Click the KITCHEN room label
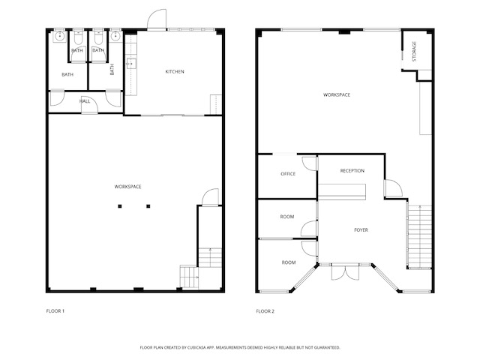pyautogui.click(x=175, y=72)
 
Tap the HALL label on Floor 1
pyautogui.click(x=85, y=101)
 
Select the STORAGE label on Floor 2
pyautogui.click(x=415, y=51)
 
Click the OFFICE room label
pyautogui.click(x=288, y=174)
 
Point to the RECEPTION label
pyautogui.click(x=352, y=171)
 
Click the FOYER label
pyautogui.click(x=361, y=229)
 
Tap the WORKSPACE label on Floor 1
pyautogui.click(x=128, y=186)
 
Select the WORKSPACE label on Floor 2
pyautogui.click(x=337, y=94)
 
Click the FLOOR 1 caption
pyautogui.click(x=56, y=310)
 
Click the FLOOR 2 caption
pyautogui.click(x=266, y=310)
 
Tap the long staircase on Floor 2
pyautogui.click(x=420, y=235)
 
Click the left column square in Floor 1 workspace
pyautogui.click(x=117, y=206)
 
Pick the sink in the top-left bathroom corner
pyautogui.click(x=59, y=35)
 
